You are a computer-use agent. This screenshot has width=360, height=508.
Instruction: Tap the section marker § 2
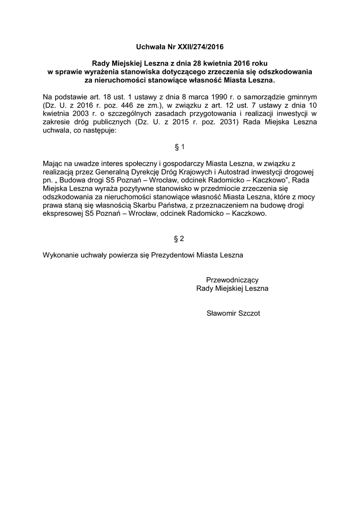pos(179,239)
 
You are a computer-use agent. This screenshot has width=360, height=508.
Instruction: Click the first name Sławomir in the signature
pos(221,313)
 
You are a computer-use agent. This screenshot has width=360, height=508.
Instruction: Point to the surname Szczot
pos(249,313)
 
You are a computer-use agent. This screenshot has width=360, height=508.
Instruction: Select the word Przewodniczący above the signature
pos(232,279)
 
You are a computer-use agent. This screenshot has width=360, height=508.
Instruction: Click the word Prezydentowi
pos(172,255)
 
